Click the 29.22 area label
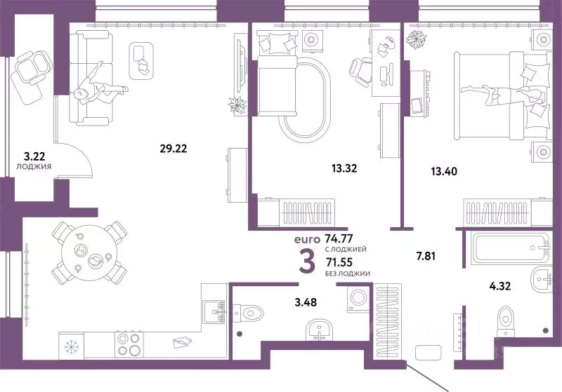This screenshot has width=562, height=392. coord(174,148)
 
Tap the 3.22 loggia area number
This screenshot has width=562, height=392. coord(34,156)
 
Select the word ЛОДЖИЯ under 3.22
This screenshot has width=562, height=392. coord(34,166)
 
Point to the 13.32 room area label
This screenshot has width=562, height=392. coord(344,168)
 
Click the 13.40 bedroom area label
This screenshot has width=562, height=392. coord(444,172)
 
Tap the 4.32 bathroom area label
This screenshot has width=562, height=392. coord(500,286)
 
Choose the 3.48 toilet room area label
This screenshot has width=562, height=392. coord(306,302)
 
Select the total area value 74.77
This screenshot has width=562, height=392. coord(339,238)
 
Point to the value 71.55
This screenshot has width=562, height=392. coord(339,262)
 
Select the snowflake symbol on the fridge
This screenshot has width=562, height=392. coord(72,346)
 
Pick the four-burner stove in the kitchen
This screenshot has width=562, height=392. coord(129,344)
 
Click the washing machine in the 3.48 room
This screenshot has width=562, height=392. coord(358,299)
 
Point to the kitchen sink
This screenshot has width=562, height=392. coord(214,312)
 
